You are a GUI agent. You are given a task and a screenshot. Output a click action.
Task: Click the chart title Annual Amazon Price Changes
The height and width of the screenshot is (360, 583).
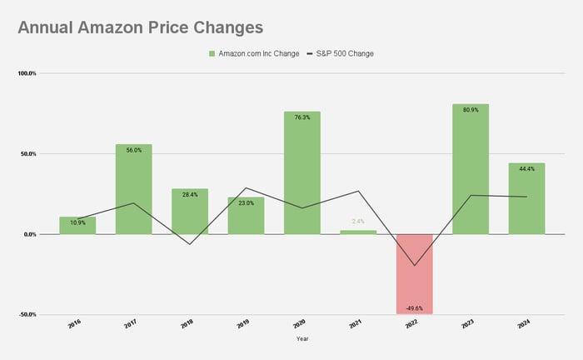(140, 27)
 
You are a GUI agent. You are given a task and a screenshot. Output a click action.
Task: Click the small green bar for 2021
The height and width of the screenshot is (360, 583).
(358, 232)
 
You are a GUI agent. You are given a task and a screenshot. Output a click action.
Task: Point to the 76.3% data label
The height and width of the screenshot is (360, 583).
(301, 117)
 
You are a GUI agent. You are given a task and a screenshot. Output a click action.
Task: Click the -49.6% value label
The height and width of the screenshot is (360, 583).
(414, 307)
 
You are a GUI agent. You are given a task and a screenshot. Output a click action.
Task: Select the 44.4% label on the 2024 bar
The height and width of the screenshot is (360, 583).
(526, 169)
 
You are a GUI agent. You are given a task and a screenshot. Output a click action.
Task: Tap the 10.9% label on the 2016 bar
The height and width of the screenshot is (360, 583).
(77, 223)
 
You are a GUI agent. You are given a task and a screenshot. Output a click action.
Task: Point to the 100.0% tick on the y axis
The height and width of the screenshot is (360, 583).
(27, 73)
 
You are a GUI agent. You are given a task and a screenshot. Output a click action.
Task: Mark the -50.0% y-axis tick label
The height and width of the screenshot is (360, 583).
(27, 315)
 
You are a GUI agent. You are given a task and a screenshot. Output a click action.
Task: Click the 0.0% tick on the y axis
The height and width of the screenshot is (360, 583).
(29, 234)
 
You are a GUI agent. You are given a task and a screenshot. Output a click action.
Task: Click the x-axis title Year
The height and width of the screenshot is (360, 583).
(302, 339)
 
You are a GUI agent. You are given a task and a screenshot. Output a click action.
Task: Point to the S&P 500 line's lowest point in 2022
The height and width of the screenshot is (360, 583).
(414, 266)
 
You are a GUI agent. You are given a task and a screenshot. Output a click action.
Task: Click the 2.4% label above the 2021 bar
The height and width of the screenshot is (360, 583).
(358, 222)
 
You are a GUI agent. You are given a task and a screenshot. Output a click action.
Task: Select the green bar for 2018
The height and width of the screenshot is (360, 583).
(190, 212)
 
